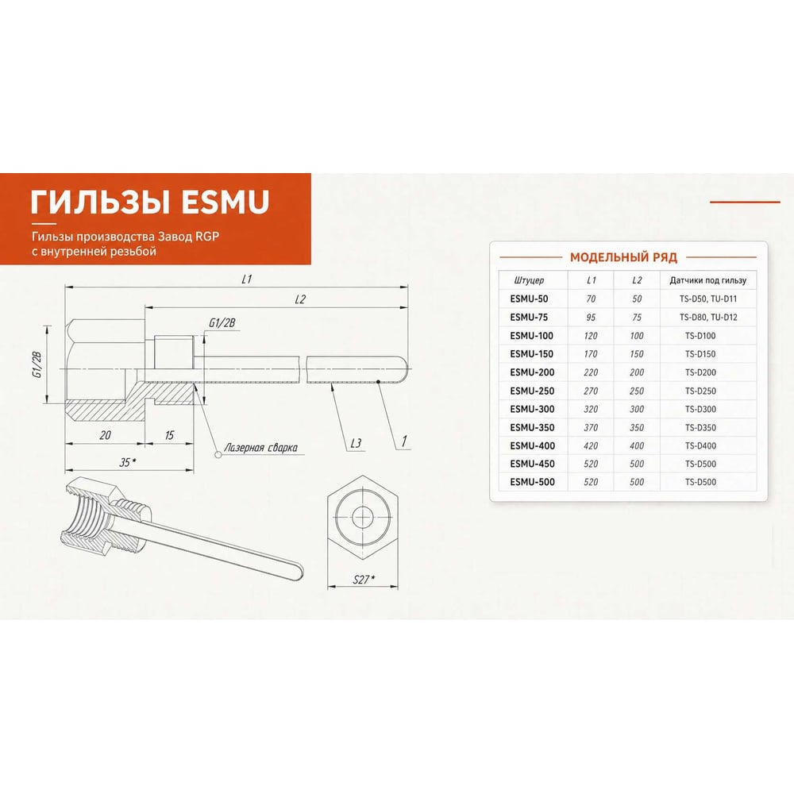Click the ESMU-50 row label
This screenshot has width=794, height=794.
pos(529,299)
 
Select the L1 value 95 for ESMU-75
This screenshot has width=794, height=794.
pos(591,318)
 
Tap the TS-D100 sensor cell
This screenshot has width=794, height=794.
pos(700,336)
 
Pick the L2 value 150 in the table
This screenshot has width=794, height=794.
pos(637,354)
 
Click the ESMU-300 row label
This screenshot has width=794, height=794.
pos(532,409)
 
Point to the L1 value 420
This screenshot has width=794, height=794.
pos(591,445)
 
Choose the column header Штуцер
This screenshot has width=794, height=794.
pos(529,280)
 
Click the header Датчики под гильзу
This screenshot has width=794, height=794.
pos(707,280)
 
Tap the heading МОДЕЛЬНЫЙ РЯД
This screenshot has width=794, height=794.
pos(623,257)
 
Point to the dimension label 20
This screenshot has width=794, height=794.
pos(105,435)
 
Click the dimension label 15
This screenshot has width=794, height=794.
pos(169,435)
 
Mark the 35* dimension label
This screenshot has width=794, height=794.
pos(128,462)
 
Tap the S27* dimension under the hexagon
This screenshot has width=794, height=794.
pos(363,580)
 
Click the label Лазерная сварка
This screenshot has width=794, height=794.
pos(260,448)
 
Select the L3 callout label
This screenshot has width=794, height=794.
pos(356,443)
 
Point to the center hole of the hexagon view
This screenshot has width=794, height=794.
pos(362,517)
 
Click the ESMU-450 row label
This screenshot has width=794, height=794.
pos(532,464)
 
